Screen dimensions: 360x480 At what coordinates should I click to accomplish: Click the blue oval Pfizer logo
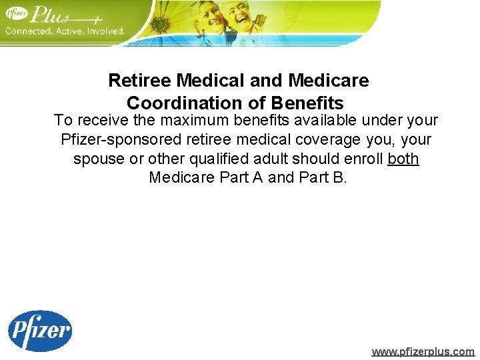39,331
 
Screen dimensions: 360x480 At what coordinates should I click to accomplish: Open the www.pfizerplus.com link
423,351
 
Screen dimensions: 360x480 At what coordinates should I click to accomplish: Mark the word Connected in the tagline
28,31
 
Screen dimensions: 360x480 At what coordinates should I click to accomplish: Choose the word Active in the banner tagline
69,31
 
